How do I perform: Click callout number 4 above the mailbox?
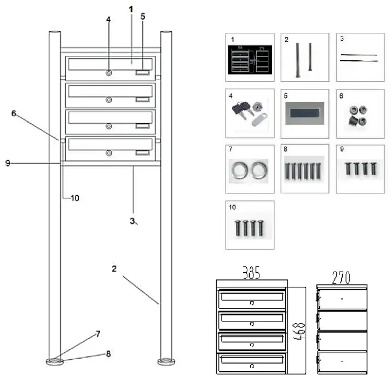(x=108, y=19)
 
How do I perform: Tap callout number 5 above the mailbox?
(x=143, y=16)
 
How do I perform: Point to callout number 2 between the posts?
(x=114, y=268)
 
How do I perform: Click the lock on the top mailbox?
(x=109, y=73)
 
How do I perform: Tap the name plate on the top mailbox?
(x=142, y=72)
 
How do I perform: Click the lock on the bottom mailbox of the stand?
(x=109, y=153)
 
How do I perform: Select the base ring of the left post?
(x=54, y=361)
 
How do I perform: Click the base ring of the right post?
(x=165, y=361)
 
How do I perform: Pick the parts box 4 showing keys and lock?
(x=250, y=114)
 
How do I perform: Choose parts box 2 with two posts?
(x=305, y=58)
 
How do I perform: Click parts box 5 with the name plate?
(x=305, y=114)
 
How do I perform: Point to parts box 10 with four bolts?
(x=250, y=225)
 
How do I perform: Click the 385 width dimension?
(x=251, y=272)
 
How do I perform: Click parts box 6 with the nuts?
(x=360, y=114)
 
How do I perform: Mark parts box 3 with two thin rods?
(x=360, y=58)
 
